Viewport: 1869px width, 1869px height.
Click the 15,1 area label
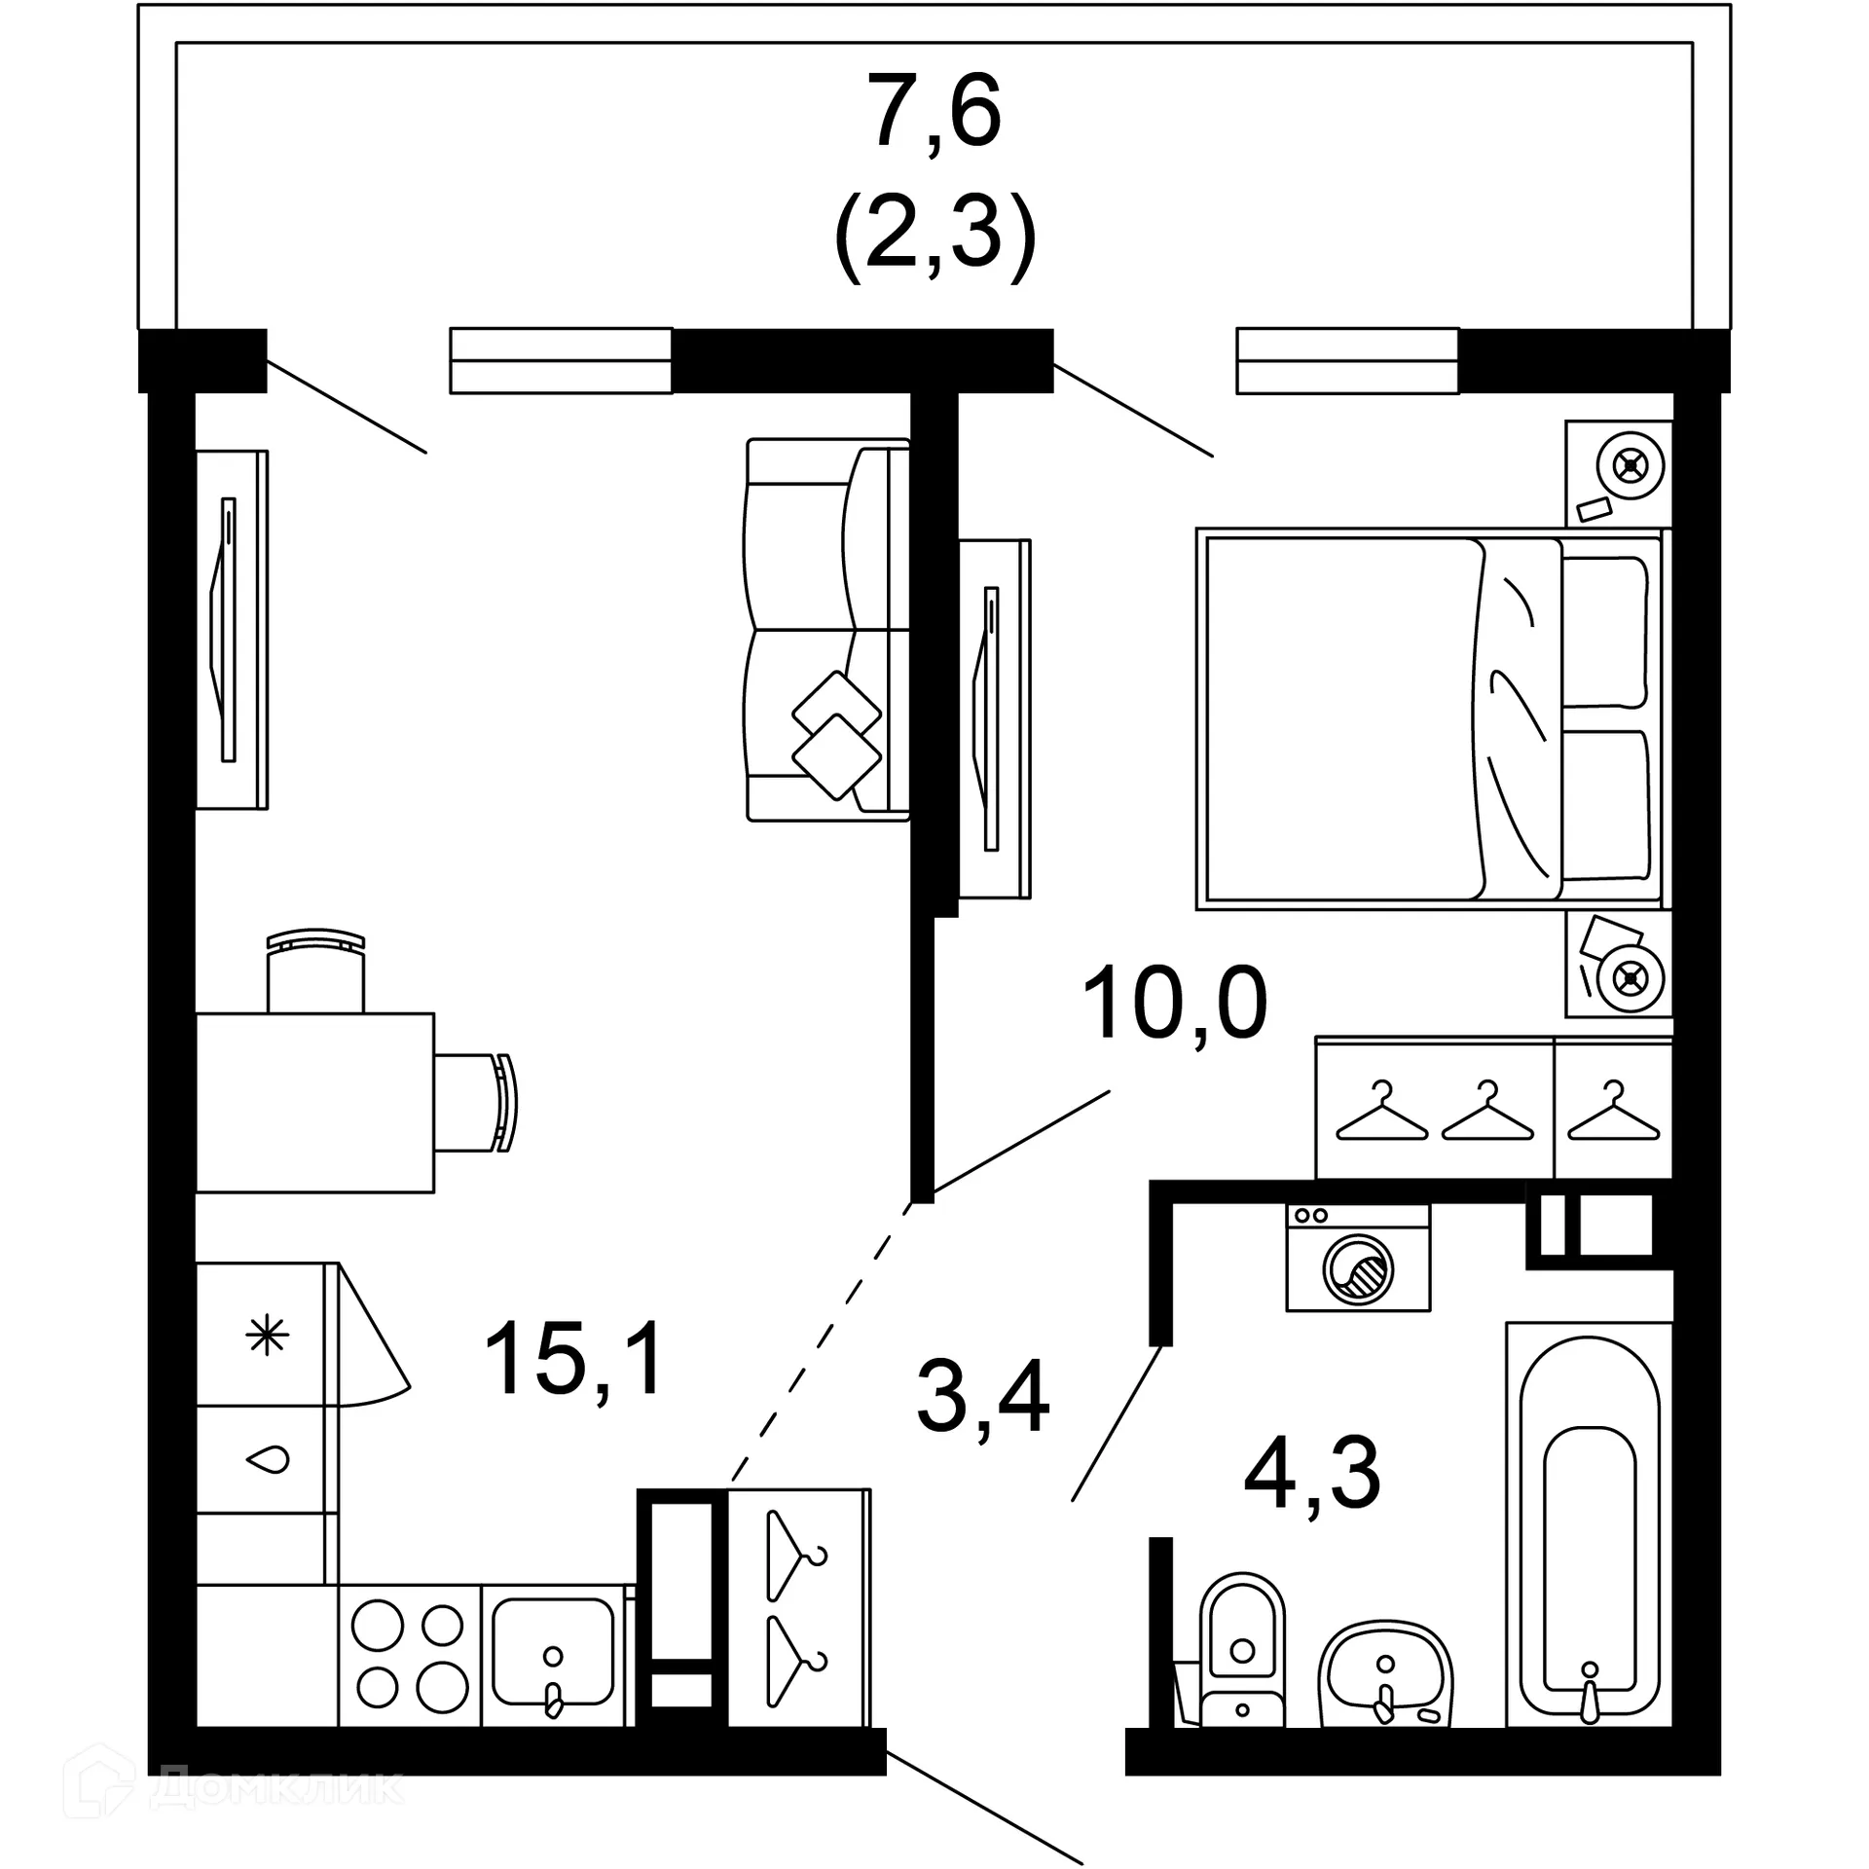573,1359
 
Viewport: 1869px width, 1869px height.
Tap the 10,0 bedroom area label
1174,1004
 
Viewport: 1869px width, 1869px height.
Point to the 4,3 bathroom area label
1312,1474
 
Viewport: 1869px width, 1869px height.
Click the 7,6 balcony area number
935,114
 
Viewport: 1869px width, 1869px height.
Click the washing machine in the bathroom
1358,1258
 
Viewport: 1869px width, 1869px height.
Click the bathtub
1589,1528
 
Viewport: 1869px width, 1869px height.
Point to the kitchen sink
553,1655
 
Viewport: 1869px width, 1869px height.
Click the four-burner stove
409,1655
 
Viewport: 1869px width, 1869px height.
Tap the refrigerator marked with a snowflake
267,1335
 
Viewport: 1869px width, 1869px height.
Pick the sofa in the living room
827,630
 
